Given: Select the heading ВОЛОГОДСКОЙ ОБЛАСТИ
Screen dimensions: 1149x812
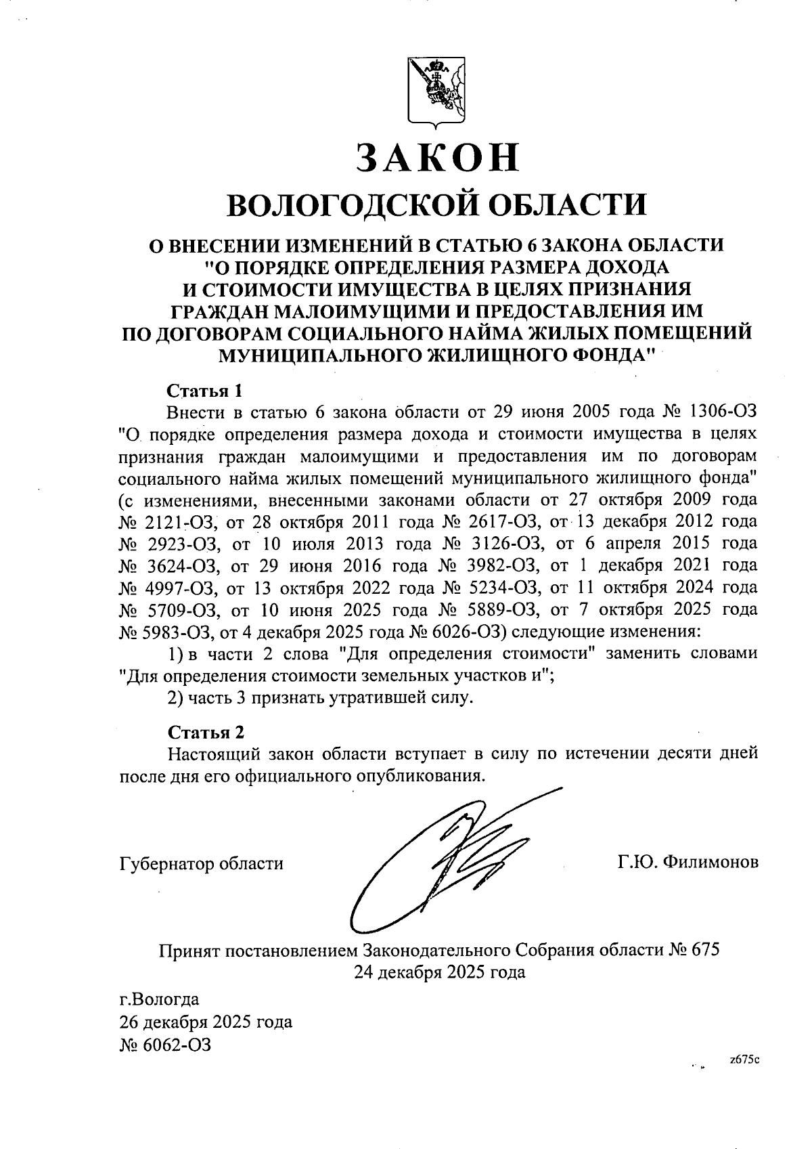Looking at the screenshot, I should (x=436, y=204).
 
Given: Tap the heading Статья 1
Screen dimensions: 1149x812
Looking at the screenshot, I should (x=204, y=391).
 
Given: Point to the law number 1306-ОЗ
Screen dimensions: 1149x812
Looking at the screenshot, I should (x=723, y=412).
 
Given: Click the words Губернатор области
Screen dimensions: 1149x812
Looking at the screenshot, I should (x=201, y=864).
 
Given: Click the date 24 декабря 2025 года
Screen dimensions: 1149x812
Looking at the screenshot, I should (x=439, y=972).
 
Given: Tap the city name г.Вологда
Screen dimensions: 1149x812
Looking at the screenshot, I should (x=159, y=999).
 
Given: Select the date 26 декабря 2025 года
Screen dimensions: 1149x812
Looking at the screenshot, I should (x=206, y=1022).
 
